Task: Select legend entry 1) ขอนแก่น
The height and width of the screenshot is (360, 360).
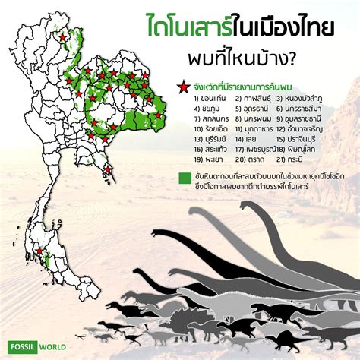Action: tap(196, 99)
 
